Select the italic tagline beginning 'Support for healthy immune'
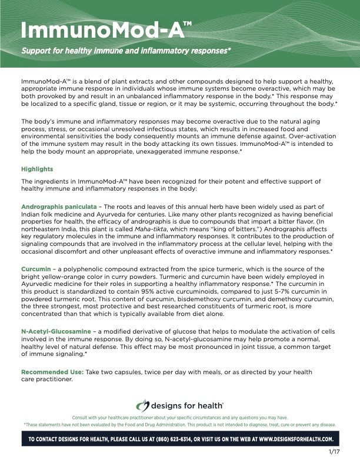click(x=126, y=51)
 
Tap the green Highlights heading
click(x=37, y=169)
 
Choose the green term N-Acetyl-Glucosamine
click(x=56, y=331)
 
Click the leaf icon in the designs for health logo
click(x=143, y=405)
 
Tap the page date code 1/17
click(x=335, y=452)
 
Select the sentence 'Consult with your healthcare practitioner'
click(x=179, y=417)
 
